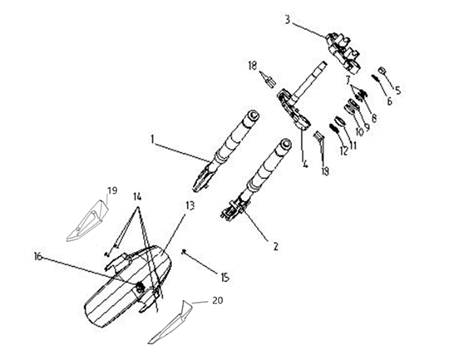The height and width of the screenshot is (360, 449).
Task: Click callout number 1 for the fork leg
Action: coord(153,140)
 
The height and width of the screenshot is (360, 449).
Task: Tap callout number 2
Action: coord(275,246)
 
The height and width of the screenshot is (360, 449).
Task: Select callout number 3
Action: coord(288,20)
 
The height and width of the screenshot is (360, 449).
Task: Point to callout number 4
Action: coord(305,164)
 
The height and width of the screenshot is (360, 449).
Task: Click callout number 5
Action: coord(398,91)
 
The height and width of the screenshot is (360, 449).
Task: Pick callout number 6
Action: coord(389,101)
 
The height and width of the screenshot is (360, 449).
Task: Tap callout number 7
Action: coord(348,80)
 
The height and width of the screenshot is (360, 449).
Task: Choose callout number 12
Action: coord(343,150)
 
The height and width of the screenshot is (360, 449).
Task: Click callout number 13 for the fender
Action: coord(190,205)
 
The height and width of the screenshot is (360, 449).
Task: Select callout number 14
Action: coord(137,196)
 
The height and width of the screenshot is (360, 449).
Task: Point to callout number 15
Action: coord(225,277)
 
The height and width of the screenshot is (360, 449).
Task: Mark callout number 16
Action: coord(37,257)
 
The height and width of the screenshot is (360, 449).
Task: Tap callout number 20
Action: coord(218,300)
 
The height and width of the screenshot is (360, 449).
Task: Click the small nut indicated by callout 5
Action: coord(382,70)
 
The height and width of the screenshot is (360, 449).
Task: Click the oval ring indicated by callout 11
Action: coord(339,121)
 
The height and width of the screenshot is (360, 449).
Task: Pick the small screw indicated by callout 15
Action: coord(185,251)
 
